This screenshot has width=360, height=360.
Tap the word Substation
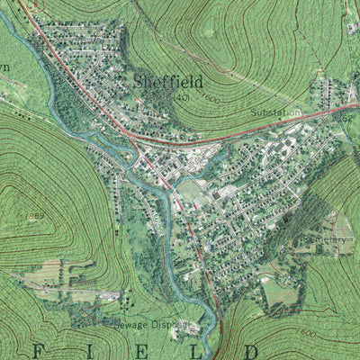[276, 112]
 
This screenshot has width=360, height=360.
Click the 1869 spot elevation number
[35, 217]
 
